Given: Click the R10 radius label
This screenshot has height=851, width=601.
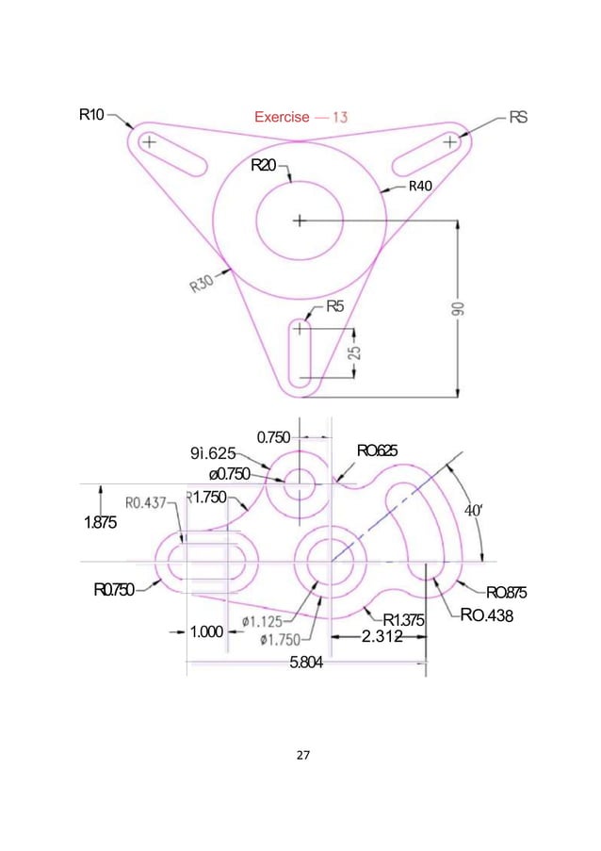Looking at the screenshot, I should (91, 116).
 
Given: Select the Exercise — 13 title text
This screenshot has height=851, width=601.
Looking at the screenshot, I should (300, 118).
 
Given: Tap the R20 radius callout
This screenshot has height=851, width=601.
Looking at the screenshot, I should (265, 166).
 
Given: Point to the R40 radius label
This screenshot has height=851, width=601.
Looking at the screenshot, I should (419, 186).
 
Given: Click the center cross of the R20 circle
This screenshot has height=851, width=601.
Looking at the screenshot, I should (300, 221).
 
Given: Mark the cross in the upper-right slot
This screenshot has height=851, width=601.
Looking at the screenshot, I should (451, 141).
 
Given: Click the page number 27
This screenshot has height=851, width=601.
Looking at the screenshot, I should (300, 754).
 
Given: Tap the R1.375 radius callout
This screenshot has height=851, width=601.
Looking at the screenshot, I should (406, 619).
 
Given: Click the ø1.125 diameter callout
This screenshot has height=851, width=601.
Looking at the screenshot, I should (267, 620).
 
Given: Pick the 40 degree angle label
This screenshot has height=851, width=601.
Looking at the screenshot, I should (474, 511).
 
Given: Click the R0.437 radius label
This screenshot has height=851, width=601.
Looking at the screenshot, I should (152, 502).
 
